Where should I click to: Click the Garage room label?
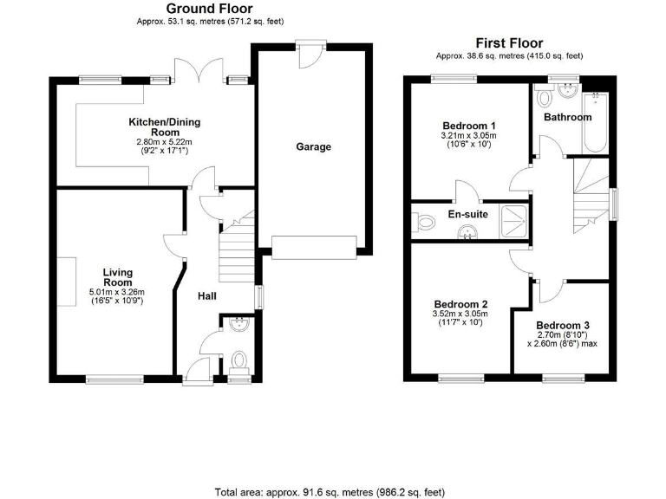point(313,147)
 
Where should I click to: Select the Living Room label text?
point(117,276)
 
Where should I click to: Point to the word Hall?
point(207,296)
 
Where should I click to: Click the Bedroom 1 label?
point(469,124)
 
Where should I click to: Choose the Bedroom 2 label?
point(460,304)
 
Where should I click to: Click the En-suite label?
point(467,214)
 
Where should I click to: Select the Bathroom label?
point(567,117)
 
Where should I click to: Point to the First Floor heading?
point(508,42)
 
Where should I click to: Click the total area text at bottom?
point(333,491)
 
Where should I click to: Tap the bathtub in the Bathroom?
point(598,121)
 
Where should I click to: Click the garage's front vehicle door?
point(314,247)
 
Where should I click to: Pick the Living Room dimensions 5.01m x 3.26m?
point(118,292)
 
